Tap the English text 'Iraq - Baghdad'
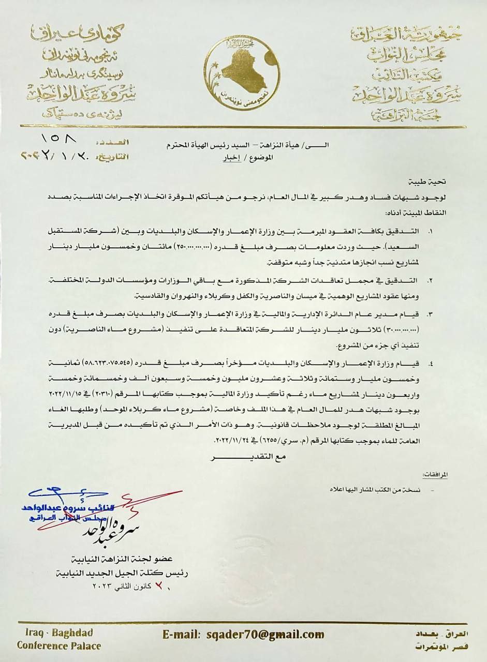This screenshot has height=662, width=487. pyautogui.click(x=58, y=633)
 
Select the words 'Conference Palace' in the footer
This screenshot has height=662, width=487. pyautogui.click(x=58, y=645)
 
